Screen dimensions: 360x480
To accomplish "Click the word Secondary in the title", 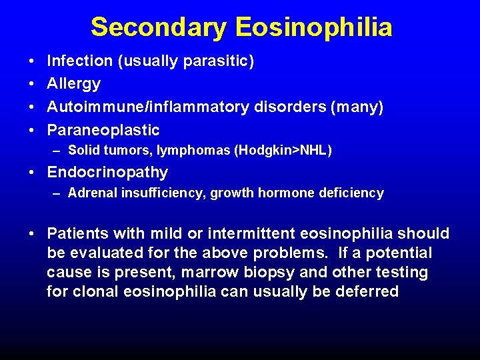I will (159, 27).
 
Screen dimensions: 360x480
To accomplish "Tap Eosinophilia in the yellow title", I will (313, 27).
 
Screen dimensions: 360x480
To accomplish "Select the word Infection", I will (79, 61).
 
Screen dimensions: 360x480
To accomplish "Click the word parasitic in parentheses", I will (221, 61).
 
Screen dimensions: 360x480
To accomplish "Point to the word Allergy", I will (73, 84).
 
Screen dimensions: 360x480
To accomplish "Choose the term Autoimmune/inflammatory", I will (147, 107).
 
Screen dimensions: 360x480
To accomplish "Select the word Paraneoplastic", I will (103, 130).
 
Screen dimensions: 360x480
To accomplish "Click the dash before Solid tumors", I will (59, 151).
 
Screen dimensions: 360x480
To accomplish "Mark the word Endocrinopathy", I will (107, 173).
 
